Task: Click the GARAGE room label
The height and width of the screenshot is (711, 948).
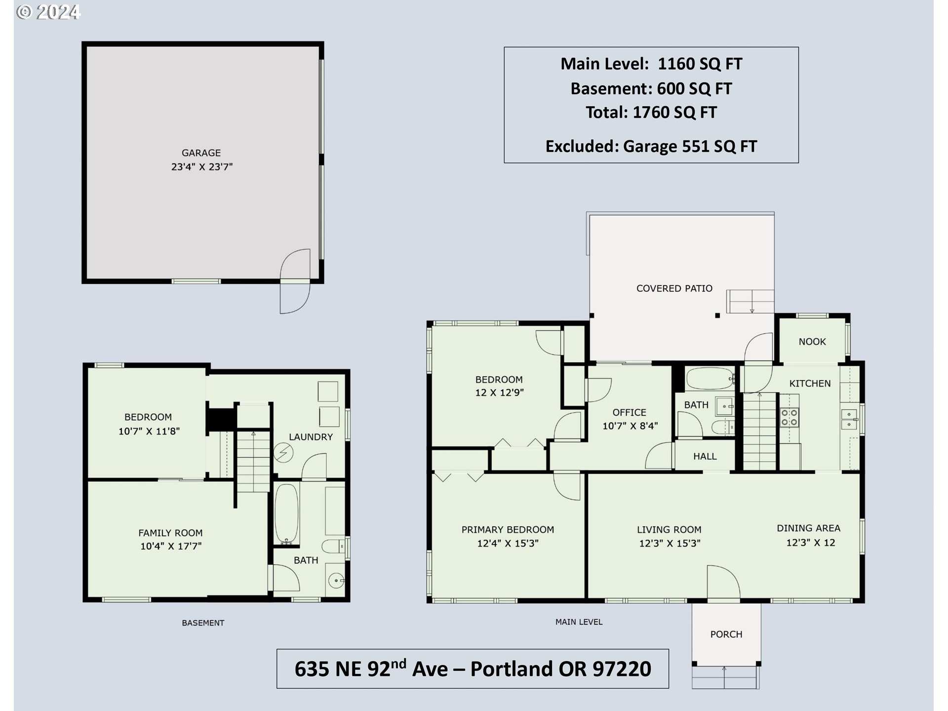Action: click(x=201, y=153)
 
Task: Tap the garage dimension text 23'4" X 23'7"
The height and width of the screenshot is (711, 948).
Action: click(x=201, y=167)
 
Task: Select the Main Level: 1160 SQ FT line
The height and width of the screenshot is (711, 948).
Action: click(x=651, y=64)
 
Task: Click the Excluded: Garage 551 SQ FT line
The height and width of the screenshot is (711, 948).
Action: click(x=651, y=146)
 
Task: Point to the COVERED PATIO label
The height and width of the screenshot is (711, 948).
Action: click(x=674, y=288)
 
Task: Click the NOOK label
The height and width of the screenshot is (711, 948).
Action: click(x=812, y=342)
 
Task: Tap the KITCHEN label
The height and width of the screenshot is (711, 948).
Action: click(x=809, y=384)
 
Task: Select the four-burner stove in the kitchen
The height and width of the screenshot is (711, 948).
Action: click(x=789, y=418)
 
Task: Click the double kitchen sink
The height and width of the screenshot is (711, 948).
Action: click(x=849, y=419)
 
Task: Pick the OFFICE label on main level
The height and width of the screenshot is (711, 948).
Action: click(x=629, y=412)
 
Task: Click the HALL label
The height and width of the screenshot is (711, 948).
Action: click(x=705, y=457)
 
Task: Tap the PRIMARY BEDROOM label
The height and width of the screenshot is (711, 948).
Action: click(x=508, y=530)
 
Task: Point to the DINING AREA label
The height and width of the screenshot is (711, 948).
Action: click(x=808, y=528)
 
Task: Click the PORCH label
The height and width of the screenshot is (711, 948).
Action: click(x=726, y=634)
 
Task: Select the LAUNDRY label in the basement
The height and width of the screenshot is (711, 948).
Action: click(x=311, y=437)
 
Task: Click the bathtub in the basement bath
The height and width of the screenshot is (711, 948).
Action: click(x=286, y=513)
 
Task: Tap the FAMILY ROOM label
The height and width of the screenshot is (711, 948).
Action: click(x=170, y=533)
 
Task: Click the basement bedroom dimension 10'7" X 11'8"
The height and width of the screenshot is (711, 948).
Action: click(x=149, y=431)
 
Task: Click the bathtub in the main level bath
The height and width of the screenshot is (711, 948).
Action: click(x=709, y=379)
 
